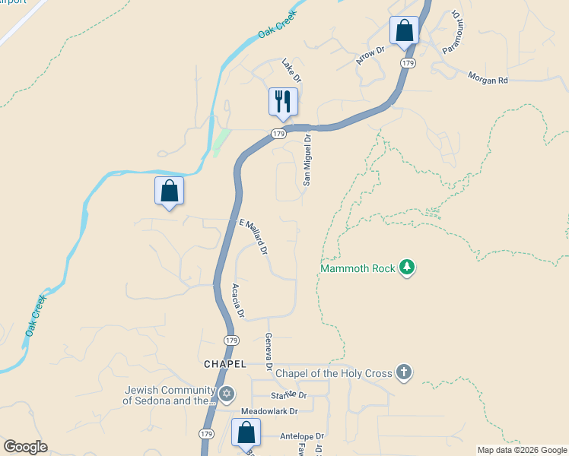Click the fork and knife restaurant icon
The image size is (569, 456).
pyautogui.click(x=283, y=101)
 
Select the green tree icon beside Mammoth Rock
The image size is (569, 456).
pyautogui.click(x=408, y=268)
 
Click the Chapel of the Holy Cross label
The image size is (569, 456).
pyautogui.click(x=333, y=372)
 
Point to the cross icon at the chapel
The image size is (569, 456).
pyautogui.click(x=404, y=372)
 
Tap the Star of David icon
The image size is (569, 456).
pyautogui.click(x=225, y=394)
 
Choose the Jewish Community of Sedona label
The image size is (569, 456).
pyautogui.click(x=169, y=395)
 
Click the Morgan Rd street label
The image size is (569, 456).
pyautogui.click(x=488, y=79)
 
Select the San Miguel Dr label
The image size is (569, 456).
pyautogui.click(x=307, y=160)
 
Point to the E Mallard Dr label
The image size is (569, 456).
pyautogui.click(x=254, y=236)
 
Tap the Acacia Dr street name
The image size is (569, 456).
pyautogui.click(x=237, y=300)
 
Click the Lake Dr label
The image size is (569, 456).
pyautogui.click(x=292, y=71)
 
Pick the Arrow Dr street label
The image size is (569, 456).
pyautogui.click(x=371, y=54)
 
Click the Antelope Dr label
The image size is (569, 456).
pyautogui.click(x=302, y=436)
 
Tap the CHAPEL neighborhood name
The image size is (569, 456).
pyautogui.click(x=225, y=364)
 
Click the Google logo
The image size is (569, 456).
pyautogui.click(x=25, y=446)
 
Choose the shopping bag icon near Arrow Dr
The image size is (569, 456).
pyautogui.click(x=404, y=31)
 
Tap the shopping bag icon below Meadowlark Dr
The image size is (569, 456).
pyautogui.click(x=246, y=434)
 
